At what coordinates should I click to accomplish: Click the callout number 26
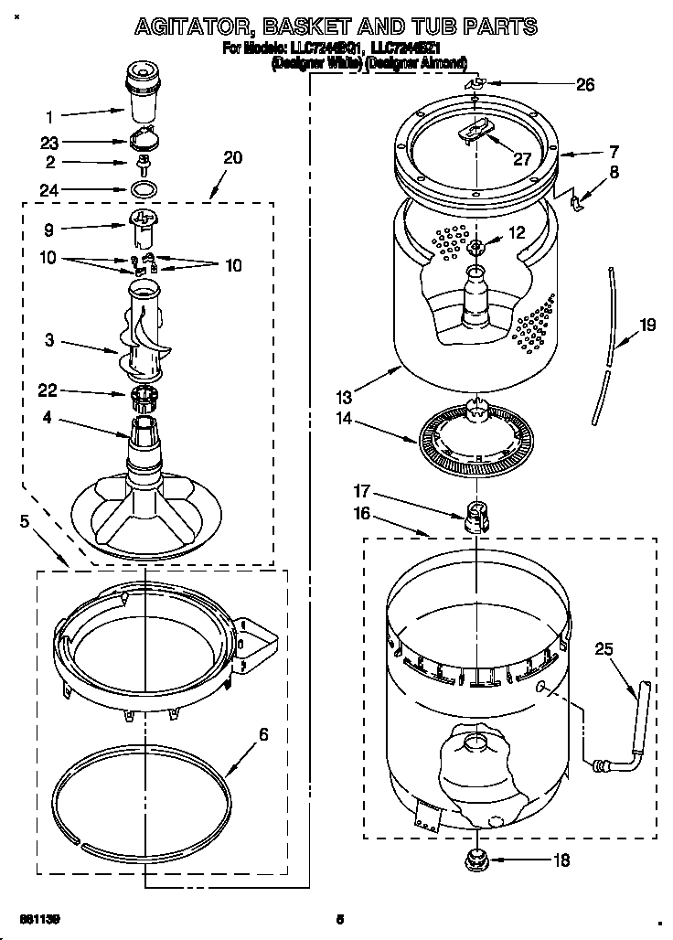pyautogui.click(x=585, y=85)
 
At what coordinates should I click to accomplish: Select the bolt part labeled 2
pyautogui.click(x=143, y=165)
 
